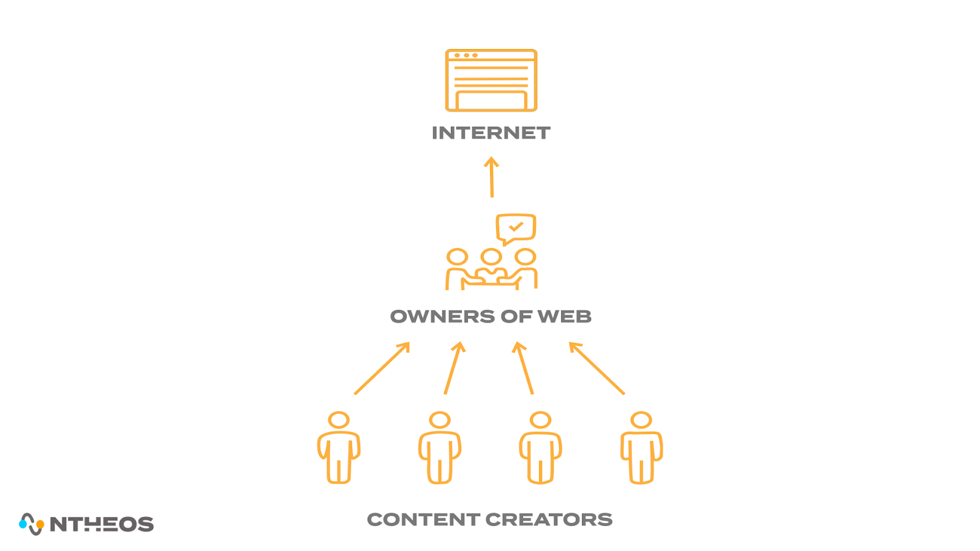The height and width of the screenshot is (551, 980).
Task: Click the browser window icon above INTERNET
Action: pos(491,80)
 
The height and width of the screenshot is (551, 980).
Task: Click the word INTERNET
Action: pos(491,133)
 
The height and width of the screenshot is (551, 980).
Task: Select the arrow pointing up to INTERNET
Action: pos(491,177)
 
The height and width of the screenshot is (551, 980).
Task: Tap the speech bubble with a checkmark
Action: pos(516,228)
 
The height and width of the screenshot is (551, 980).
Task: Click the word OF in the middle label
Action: pos(516,317)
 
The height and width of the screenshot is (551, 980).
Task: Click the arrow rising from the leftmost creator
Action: pos(382,368)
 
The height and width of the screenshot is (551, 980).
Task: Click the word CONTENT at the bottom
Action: pos(423,520)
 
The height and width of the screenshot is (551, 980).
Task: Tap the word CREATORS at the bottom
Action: pos(549,520)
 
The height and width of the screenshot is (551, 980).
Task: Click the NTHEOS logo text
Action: pos(102,524)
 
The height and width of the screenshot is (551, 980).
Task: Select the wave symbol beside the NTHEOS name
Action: pos(31,524)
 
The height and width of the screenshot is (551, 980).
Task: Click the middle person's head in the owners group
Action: pos(491,257)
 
